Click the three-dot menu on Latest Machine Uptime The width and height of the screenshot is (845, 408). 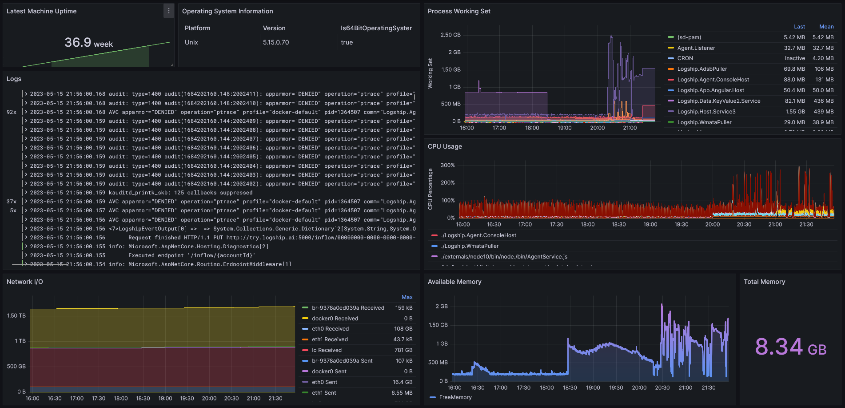pos(169,11)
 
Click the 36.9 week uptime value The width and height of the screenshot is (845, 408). pos(89,43)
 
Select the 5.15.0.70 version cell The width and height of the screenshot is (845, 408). pos(276,42)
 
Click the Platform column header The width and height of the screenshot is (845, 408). pos(197,28)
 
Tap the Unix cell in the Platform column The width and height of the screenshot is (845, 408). pos(191,42)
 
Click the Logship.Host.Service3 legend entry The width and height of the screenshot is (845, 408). pos(706,112)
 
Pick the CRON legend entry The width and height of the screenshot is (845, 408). pos(685,58)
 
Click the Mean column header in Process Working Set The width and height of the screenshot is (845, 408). pos(826,27)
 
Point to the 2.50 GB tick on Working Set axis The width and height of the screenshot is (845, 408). pos(450,35)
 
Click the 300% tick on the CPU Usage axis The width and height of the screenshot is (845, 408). pos(447,166)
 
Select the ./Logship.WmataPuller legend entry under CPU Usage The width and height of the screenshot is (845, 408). pos(470,246)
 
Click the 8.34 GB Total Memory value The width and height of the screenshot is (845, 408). pos(791,347)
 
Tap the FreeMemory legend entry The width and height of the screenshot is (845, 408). pos(455,397)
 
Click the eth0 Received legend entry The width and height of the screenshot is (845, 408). pos(330,329)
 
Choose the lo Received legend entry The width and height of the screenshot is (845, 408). pos(327,350)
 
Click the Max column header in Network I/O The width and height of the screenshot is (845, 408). pos(407,297)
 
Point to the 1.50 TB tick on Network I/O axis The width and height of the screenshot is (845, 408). pos(16,316)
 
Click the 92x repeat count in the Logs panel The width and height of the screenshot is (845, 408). pos(12,112)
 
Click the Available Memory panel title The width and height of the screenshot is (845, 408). pos(454,282)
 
